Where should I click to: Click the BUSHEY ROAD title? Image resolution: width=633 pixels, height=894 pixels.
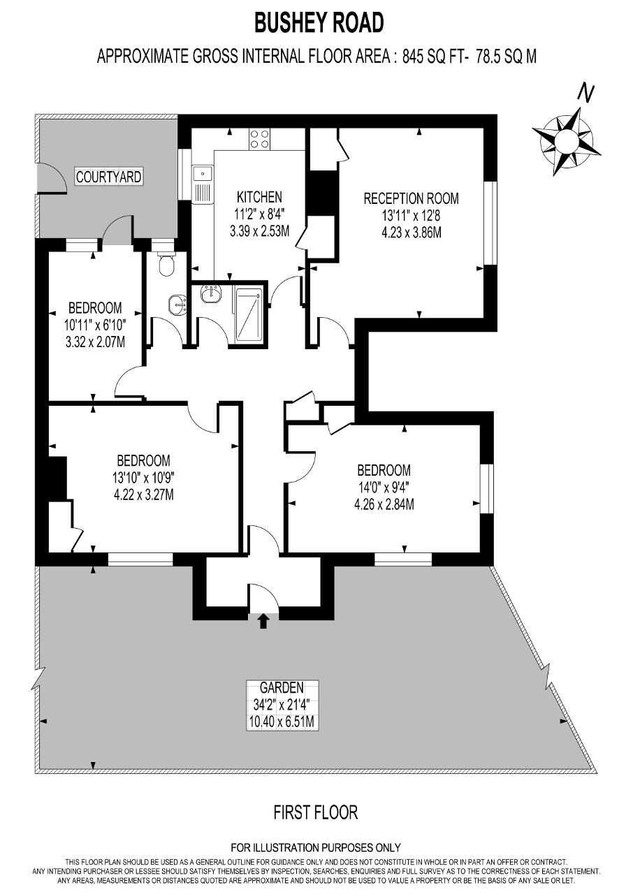coord(319,22)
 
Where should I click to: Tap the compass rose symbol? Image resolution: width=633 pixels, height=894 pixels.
coord(567,141)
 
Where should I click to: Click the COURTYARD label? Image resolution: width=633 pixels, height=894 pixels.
coord(108,177)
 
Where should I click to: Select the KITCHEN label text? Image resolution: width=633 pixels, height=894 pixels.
coord(259,197)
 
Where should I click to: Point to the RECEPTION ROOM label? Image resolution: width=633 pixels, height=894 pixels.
coord(411,198)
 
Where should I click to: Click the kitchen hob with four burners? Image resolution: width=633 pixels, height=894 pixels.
coord(259,139)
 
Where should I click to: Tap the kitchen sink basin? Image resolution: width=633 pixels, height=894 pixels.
coord(203,174)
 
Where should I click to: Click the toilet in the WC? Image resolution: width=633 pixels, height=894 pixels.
coord(166,263)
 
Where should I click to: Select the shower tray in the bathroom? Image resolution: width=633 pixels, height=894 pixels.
coord(249,315)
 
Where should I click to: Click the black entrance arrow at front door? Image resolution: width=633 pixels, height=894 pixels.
coord(263,621)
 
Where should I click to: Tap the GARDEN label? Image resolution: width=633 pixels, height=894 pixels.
coord(282,687)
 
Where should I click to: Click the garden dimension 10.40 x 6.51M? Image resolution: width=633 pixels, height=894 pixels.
coord(282,721)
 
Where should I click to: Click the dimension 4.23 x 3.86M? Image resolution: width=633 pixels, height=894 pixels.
coord(411,233)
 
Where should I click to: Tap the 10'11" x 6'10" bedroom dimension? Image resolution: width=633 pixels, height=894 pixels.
coord(95,325)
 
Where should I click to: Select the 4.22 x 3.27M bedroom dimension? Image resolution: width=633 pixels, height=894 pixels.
coord(144,495)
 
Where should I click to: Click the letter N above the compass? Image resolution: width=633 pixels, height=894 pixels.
coord(585,94)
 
